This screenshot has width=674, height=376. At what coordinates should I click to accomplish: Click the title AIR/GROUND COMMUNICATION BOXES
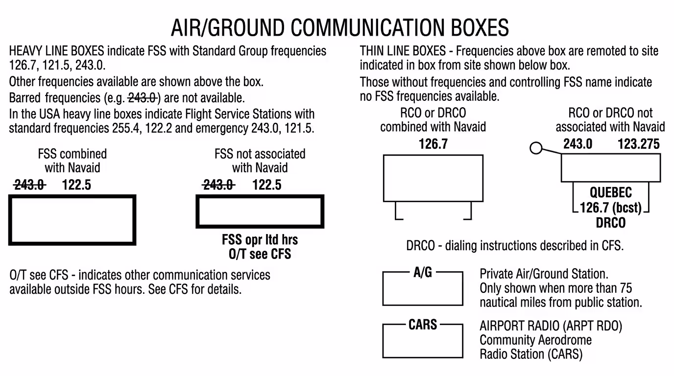click(340, 28)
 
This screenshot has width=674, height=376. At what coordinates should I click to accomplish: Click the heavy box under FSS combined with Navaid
click(72, 220)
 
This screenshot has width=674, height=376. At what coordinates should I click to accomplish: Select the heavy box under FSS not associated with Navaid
click(260, 211)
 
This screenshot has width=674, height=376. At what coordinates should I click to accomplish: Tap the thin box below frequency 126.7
click(433, 178)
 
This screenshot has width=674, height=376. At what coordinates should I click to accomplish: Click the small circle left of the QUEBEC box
click(536, 147)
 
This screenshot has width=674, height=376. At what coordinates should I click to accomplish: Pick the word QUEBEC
click(611, 192)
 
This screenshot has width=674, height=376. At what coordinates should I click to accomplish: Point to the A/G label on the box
click(422, 273)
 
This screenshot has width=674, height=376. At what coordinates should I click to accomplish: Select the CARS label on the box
click(423, 324)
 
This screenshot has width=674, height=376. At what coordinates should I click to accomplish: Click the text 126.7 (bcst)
click(610, 208)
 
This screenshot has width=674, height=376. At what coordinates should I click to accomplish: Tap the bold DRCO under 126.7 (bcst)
click(611, 223)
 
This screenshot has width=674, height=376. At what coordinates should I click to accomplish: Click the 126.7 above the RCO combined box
click(433, 144)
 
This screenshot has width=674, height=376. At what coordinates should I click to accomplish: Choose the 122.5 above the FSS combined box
click(76, 185)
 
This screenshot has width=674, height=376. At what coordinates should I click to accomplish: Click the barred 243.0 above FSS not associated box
click(218, 185)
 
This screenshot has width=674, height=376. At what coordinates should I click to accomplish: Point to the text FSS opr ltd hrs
click(260, 240)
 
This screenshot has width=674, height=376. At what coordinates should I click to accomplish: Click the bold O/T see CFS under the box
click(260, 254)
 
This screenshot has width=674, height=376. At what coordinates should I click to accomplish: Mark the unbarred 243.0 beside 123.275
click(578, 144)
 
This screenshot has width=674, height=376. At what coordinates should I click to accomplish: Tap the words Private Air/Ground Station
click(544, 274)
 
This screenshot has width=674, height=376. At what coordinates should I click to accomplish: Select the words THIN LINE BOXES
click(403, 51)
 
